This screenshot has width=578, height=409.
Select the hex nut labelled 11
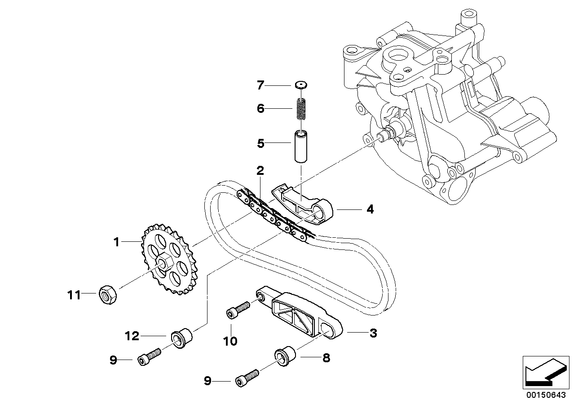point(107,295)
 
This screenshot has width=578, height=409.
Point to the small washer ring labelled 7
point(301,84)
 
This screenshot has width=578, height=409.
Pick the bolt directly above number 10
point(238,309)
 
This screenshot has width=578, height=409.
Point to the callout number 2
point(260,171)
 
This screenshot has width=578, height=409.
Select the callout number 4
point(370,209)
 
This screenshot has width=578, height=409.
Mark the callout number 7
point(260,84)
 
